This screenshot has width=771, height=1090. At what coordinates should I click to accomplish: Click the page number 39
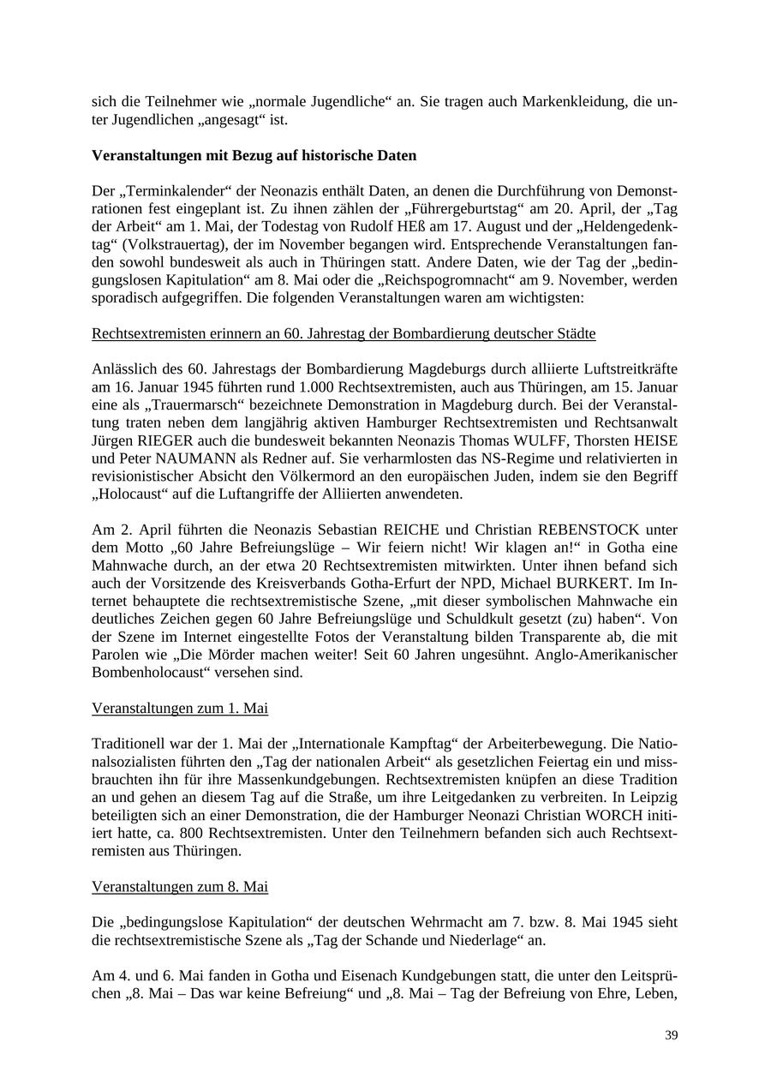pos(671,1035)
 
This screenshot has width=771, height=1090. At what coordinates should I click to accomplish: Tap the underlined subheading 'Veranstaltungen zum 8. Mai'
pos(180,887)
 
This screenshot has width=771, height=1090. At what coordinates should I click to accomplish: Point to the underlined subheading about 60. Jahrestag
pos(344,333)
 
